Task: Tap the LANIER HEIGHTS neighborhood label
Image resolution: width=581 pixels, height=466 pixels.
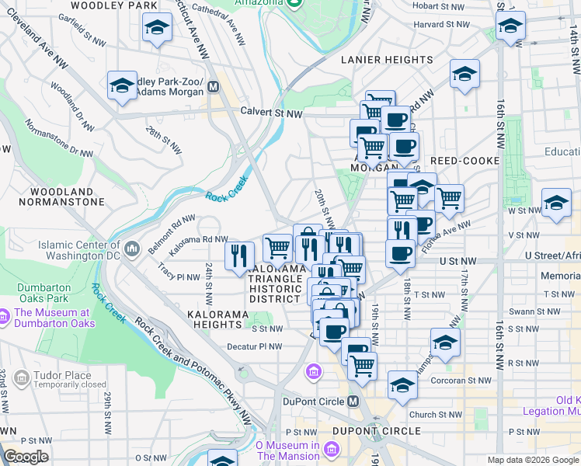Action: point(387,60)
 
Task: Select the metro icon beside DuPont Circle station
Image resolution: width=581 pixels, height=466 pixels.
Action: point(353,402)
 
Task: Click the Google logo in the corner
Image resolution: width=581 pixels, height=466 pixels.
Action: point(26,457)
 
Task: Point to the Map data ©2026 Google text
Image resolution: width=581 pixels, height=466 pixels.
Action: point(533,460)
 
